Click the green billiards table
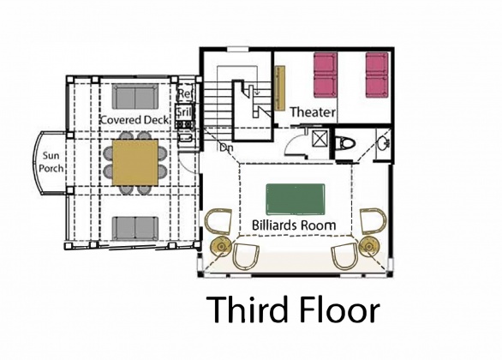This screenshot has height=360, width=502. tap(296, 200)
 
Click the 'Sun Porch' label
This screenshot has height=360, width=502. tap(52, 163)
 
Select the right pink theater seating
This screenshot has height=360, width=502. tap(378, 75)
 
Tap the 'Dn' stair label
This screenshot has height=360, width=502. tap(226, 148)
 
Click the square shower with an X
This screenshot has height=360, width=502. tap(319, 139)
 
